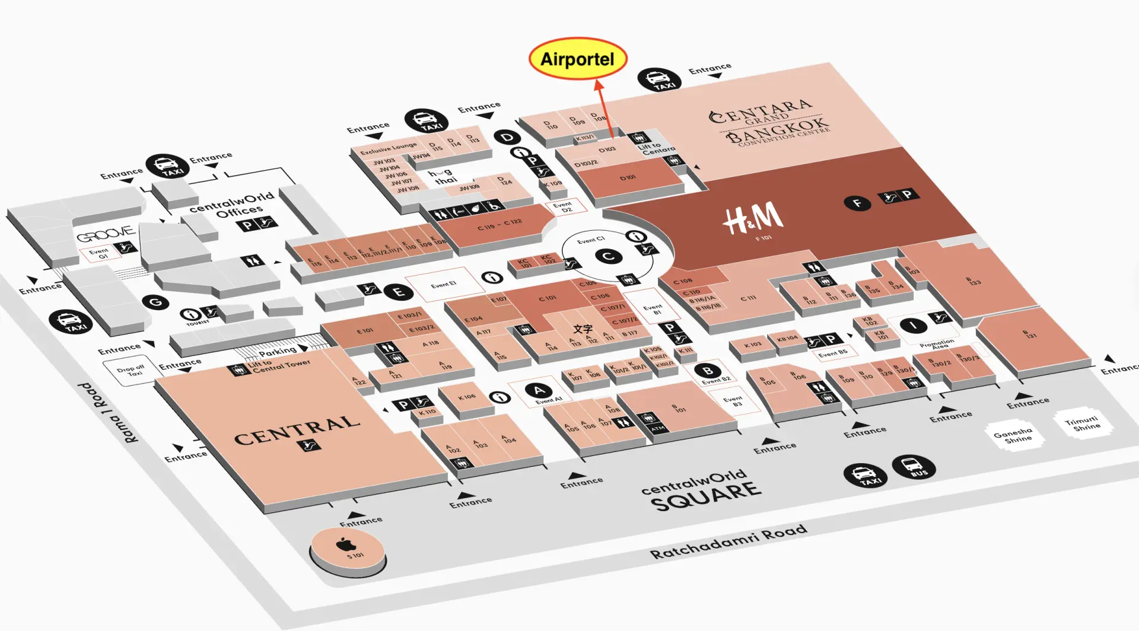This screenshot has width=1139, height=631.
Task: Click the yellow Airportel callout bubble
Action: (x=577, y=59)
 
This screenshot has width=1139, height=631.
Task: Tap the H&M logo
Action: (x=753, y=218)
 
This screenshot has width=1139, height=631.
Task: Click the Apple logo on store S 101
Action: (x=345, y=544)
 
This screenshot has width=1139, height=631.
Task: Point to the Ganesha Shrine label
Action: (x=1013, y=436)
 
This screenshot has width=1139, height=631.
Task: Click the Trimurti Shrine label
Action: (x=1083, y=423)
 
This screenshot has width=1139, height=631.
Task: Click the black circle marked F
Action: (x=857, y=203)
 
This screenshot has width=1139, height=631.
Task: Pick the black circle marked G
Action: (x=155, y=302)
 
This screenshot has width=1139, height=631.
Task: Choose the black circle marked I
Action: (x=913, y=325)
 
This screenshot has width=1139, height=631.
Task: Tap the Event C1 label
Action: (x=591, y=240)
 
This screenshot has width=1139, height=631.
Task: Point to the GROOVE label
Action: (x=105, y=235)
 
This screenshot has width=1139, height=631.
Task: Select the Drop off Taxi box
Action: (x=131, y=370)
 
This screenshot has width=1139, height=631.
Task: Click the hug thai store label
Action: (x=443, y=176)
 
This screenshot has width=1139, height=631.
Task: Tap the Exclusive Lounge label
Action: (x=388, y=148)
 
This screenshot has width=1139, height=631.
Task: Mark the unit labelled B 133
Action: (x=973, y=281)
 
